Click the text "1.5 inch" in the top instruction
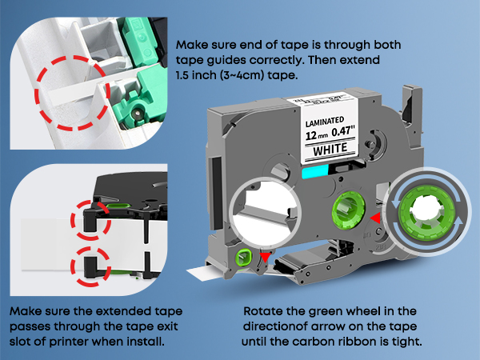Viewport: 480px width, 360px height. click(x=197, y=77)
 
